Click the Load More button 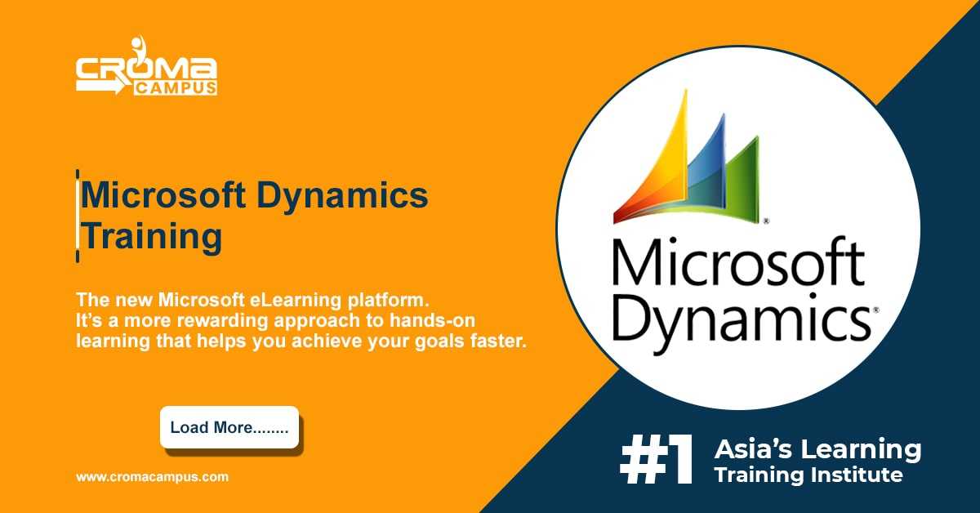pyautogui.click(x=229, y=427)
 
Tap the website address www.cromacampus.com pyautogui.click(x=152, y=477)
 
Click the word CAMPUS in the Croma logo pyautogui.click(x=176, y=88)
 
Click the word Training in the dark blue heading pyautogui.click(x=151, y=237)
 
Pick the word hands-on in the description pyautogui.click(x=432, y=320)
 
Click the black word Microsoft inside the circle pyautogui.click(x=738, y=261)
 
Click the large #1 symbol pyautogui.click(x=657, y=460)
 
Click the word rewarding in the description pyautogui.click(x=222, y=321)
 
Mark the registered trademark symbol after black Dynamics pyautogui.click(x=875, y=310)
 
